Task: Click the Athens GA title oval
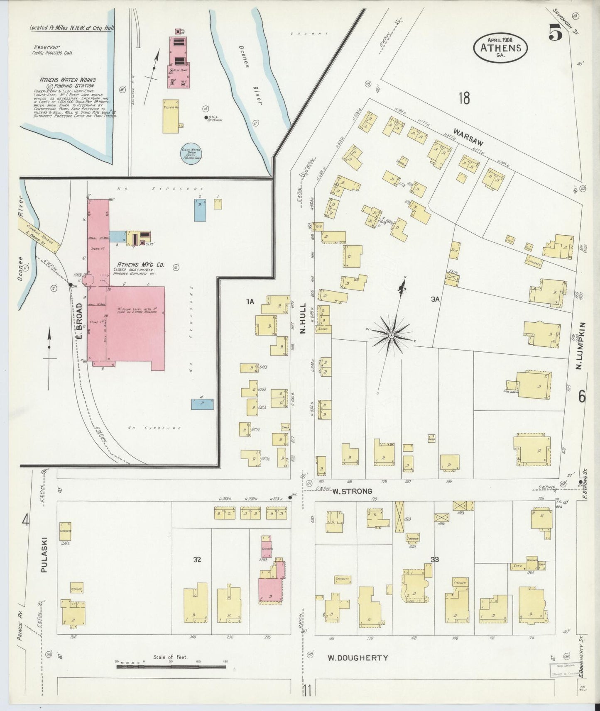click(500, 47)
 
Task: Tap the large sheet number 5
click(556, 32)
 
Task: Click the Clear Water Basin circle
click(191, 153)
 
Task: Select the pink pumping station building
click(179, 62)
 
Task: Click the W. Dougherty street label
click(358, 658)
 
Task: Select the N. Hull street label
click(303, 319)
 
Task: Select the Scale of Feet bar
click(171, 667)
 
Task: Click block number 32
click(197, 560)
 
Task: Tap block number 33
click(435, 560)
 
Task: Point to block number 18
click(464, 99)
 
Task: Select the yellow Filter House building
click(171, 116)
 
